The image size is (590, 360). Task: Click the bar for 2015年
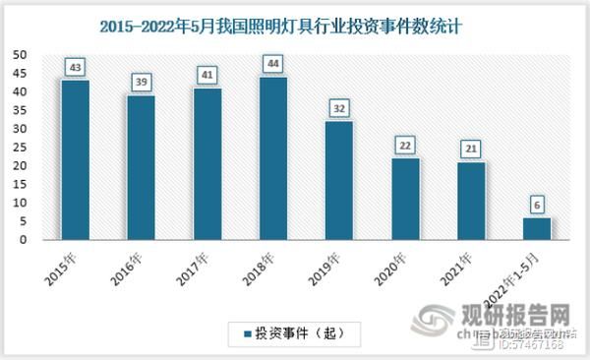75,160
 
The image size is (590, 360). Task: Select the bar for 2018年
273,158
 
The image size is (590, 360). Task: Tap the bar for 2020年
404,199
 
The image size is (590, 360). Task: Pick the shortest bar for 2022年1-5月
536,228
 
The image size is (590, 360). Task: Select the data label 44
273,64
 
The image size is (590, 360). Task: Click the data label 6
537,204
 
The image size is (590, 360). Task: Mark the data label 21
471,149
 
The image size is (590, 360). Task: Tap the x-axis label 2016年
127,262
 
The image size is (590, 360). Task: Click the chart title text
294,27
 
